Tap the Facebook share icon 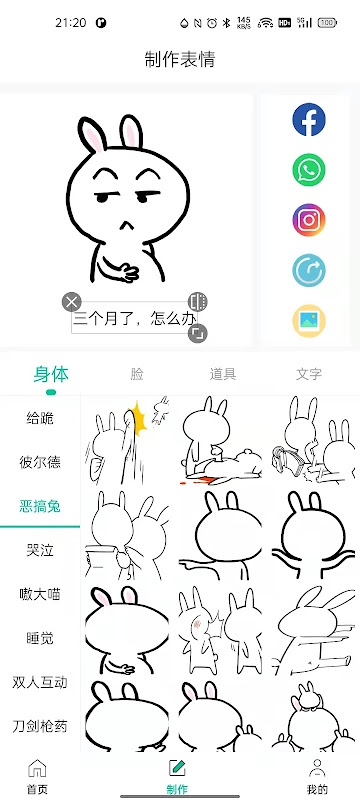tap(308, 119)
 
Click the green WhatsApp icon tap(308, 169)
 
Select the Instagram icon tap(308, 220)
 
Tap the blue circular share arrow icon tap(308, 270)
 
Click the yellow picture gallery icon tap(308, 320)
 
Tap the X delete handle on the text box tap(72, 302)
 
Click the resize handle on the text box tap(197, 333)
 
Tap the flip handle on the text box tap(197, 302)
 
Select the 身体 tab tap(51, 374)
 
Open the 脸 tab tap(137, 374)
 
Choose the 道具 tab tap(223, 374)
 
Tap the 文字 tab tap(309, 374)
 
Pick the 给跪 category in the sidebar tap(40, 418)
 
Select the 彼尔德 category tap(40, 462)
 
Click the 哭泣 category tap(40, 550)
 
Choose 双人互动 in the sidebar tap(40, 682)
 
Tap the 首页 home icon tap(37, 768)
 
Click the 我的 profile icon tap(317, 768)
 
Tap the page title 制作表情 tap(180, 59)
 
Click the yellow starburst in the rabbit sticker tap(137, 417)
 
